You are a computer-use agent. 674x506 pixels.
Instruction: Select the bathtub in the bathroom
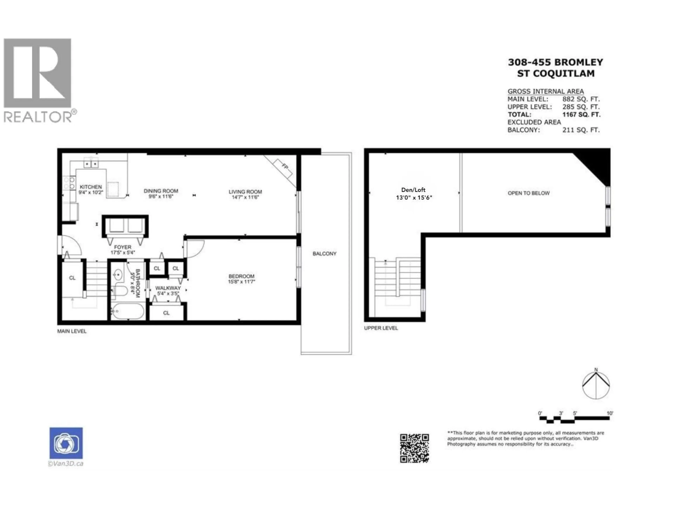[x=127, y=311]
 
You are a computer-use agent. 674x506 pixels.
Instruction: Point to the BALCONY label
[x=324, y=254]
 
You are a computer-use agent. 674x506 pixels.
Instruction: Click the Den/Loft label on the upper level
[x=413, y=190]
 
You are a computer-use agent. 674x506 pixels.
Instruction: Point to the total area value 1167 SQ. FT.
[x=581, y=115]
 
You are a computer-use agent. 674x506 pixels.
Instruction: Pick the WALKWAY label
[x=168, y=288]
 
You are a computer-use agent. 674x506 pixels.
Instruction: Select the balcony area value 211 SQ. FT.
[x=581, y=130]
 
